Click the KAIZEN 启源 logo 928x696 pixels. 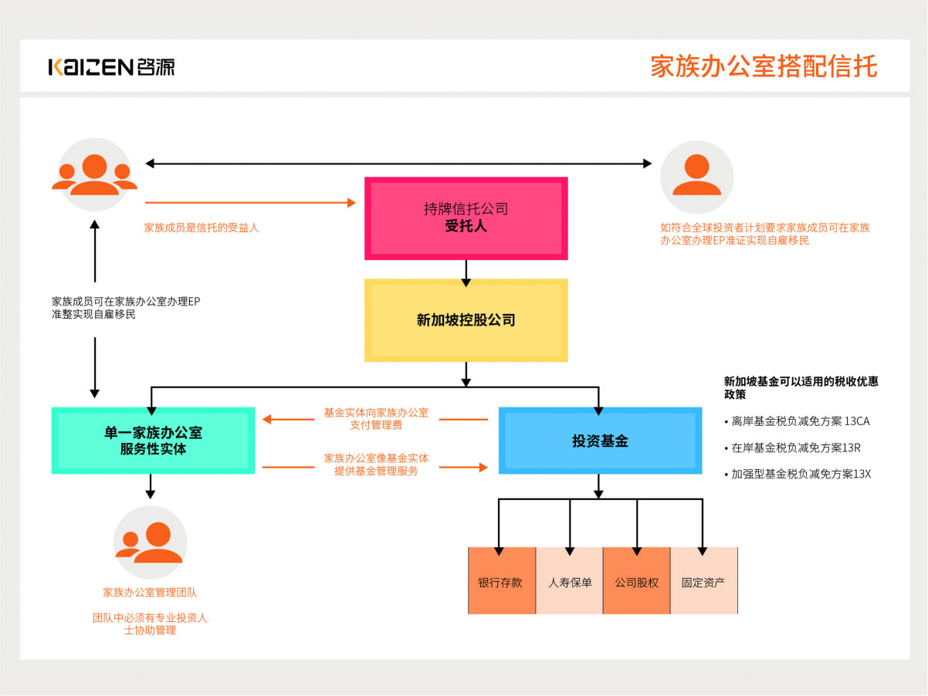111,66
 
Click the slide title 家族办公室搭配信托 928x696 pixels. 764,66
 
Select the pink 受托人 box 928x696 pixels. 466,218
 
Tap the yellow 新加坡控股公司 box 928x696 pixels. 466,320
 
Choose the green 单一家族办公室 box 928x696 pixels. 153,440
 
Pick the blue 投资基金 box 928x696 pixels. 600,441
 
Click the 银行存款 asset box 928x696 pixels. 501,582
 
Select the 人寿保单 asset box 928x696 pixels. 569,582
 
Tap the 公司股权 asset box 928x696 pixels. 636,582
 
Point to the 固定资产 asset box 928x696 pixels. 703,582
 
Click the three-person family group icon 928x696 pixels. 95,175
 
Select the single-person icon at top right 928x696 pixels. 696,177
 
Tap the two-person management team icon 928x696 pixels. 151,542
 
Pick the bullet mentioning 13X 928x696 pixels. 798,474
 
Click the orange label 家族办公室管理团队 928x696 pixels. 151,593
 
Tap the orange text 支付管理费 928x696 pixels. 376,425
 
